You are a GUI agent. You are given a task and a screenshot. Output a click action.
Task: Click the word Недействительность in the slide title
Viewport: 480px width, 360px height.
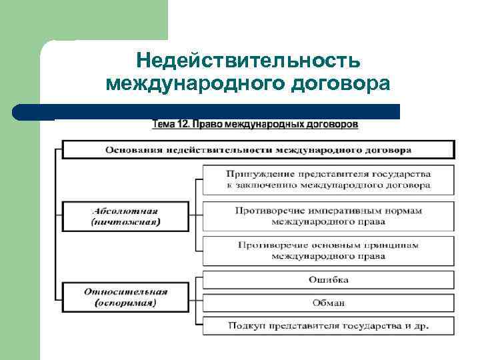[x=248, y=61]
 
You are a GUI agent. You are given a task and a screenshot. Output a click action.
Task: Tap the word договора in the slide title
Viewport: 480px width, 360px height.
[x=333, y=85]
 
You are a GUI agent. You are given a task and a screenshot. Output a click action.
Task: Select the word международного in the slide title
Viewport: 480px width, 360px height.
[x=189, y=85]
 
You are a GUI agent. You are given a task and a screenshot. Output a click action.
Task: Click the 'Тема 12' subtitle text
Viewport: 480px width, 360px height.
[x=255, y=125]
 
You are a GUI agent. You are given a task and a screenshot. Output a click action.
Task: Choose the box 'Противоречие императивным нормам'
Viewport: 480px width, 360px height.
[x=328, y=215]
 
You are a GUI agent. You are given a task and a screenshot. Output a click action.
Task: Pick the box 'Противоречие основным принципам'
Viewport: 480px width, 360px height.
[x=328, y=250]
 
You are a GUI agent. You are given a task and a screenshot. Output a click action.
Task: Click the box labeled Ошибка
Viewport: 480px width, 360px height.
[x=328, y=279]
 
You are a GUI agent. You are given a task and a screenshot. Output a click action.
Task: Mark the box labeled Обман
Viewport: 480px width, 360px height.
[x=328, y=303]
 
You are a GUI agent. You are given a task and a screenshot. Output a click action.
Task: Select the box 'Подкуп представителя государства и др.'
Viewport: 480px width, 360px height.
[x=328, y=326]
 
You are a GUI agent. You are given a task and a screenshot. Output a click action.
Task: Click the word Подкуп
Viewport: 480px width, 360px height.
[x=244, y=326]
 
